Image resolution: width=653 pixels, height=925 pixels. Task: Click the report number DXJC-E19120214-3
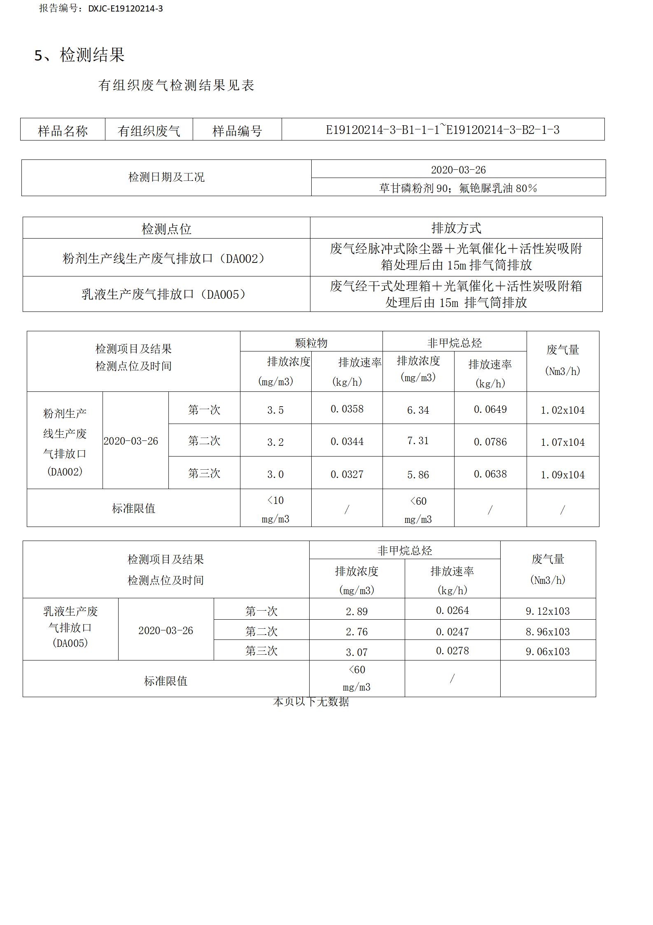click(125, 9)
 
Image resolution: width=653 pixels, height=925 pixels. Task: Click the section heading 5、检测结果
click(79, 55)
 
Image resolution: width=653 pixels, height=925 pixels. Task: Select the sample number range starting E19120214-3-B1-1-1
click(443, 130)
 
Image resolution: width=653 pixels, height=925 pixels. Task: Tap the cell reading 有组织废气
click(149, 131)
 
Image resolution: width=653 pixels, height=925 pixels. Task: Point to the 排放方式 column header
click(456, 228)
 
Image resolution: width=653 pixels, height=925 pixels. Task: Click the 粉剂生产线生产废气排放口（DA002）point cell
click(166, 258)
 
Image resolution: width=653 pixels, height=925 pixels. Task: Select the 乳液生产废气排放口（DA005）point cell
click(166, 294)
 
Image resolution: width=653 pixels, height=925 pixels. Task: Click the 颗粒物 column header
click(311, 343)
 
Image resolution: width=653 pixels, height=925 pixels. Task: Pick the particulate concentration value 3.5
click(275, 410)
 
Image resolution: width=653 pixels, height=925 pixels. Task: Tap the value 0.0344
click(347, 442)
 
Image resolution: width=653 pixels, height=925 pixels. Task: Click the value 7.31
click(418, 441)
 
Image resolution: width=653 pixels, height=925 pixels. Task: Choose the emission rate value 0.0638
click(490, 474)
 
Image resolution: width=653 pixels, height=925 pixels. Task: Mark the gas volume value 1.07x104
click(562, 442)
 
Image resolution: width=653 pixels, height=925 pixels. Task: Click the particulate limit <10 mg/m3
click(275, 509)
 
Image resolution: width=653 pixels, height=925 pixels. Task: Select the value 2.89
click(357, 611)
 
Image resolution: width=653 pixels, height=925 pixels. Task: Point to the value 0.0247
click(452, 632)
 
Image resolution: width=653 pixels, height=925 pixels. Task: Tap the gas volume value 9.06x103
click(548, 651)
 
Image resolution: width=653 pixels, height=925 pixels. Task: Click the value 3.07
click(357, 652)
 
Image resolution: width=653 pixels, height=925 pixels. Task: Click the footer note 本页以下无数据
click(311, 702)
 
